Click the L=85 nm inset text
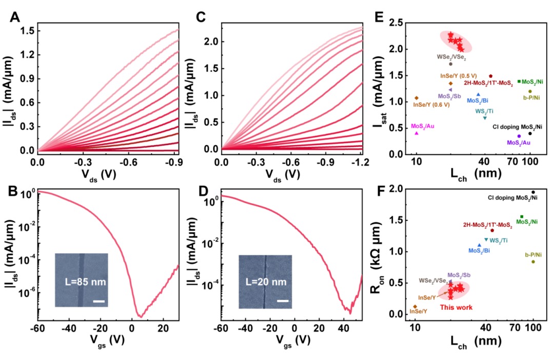83,281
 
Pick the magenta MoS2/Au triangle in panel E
417,133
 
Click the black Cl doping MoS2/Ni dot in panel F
533,192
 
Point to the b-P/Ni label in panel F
533,254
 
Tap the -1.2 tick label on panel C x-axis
360,162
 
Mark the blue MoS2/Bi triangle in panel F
479,245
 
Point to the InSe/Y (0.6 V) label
431,105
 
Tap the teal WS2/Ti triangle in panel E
485,118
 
